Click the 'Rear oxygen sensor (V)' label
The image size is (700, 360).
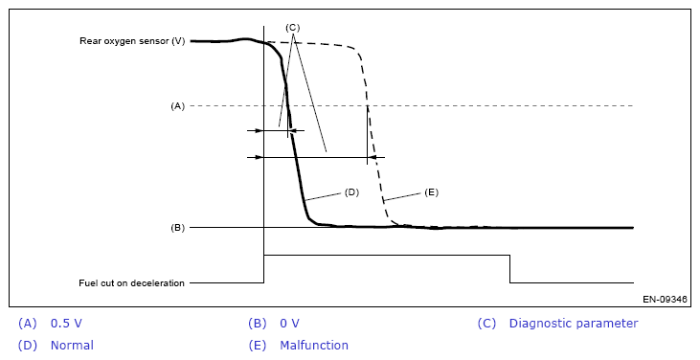click(x=132, y=41)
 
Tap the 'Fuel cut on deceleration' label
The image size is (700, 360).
click(x=131, y=282)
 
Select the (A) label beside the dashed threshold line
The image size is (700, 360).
click(x=177, y=106)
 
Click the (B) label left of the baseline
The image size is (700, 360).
click(x=177, y=228)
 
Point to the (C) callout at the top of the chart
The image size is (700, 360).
click(x=292, y=28)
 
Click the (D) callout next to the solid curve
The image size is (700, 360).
click(x=351, y=192)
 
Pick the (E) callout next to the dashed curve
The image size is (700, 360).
click(x=431, y=192)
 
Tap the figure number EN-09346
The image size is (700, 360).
click(x=665, y=299)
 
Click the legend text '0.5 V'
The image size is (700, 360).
click(x=66, y=324)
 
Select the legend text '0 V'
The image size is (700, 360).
click(x=290, y=324)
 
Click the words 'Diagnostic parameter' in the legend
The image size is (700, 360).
click(x=574, y=324)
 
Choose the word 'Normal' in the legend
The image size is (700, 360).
click(x=72, y=346)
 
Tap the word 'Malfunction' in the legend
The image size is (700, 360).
click(x=314, y=346)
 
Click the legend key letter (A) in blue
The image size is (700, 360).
click(x=27, y=324)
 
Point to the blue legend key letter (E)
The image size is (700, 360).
click(x=258, y=346)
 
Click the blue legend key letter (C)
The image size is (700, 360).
click(x=486, y=324)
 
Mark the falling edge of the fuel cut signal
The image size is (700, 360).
click(x=509, y=269)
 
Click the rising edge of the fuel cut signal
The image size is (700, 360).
click(x=264, y=269)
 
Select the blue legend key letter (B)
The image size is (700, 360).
click(x=258, y=324)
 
